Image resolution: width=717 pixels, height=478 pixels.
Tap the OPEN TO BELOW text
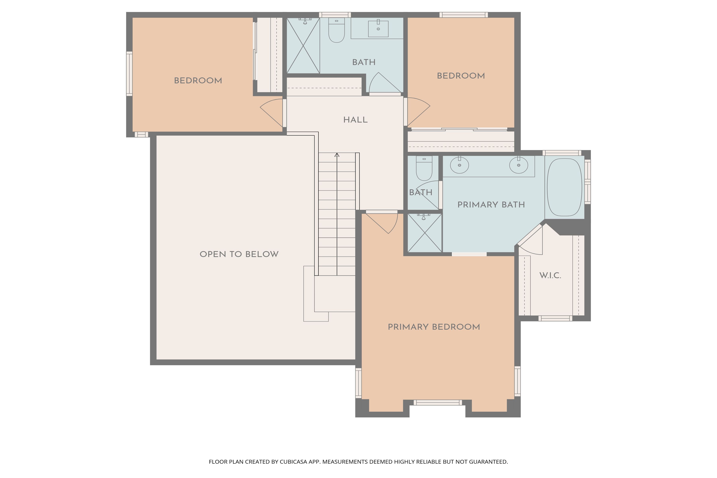(x=239, y=254)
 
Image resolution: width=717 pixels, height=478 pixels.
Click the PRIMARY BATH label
(x=491, y=205)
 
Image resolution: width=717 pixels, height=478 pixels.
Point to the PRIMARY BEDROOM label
(x=434, y=327)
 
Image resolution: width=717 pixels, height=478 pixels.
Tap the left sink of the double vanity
(x=459, y=166)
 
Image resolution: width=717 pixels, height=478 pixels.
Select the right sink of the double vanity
(x=519, y=166)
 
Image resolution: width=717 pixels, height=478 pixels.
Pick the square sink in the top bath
(x=378, y=29)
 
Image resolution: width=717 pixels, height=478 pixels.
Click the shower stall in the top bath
(x=303, y=46)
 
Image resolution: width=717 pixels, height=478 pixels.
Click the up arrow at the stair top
(x=337, y=155)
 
